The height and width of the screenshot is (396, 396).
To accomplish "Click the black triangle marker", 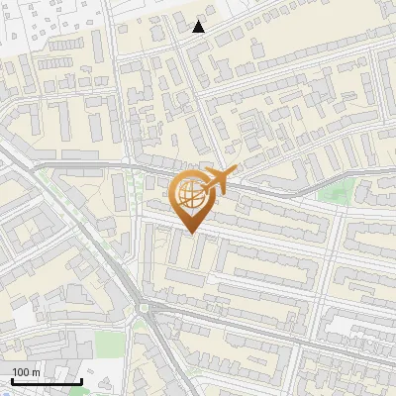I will click(199, 27).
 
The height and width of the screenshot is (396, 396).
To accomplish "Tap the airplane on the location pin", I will click(217, 180).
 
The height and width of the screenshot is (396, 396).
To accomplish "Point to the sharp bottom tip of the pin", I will click(191, 234).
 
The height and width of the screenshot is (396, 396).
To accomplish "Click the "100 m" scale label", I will click(26, 372).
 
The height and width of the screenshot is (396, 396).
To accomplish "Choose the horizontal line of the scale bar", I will click(47, 381).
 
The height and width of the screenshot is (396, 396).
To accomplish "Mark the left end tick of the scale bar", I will click(12, 379).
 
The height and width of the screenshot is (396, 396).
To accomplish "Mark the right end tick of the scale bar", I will click(81, 379).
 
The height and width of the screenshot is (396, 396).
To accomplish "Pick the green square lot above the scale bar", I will click(109, 345).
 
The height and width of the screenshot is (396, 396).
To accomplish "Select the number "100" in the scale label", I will click(21, 372).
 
